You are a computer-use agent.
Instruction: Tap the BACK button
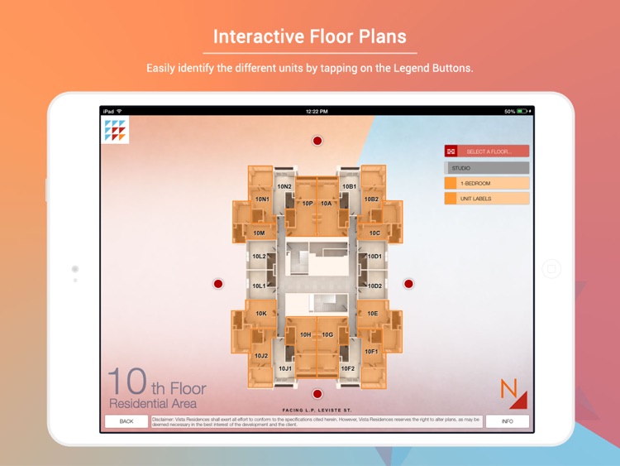click(x=126, y=421)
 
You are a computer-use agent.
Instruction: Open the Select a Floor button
click(x=487, y=151)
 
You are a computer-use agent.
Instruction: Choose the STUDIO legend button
click(x=487, y=168)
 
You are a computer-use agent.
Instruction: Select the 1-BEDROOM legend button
click(x=487, y=183)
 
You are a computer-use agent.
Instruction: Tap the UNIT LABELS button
click(x=487, y=199)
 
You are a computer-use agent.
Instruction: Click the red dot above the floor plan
click(x=317, y=141)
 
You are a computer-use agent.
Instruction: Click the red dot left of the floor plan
click(x=218, y=284)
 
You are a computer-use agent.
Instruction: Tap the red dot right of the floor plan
click(x=408, y=284)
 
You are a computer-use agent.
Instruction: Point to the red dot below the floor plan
click(x=317, y=394)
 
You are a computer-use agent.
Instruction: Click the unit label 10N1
click(x=262, y=199)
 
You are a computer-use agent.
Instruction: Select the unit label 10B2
click(x=371, y=199)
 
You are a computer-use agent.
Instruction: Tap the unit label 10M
click(x=259, y=233)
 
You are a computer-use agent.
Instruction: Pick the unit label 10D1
click(x=374, y=257)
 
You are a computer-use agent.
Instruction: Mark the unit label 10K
click(x=261, y=314)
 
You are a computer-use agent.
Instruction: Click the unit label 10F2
click(x=348, y=368)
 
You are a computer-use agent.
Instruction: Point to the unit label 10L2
click(x=259, y=257)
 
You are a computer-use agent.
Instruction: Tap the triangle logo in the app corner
click(x=115, y=130)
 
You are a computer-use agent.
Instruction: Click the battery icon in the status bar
click(x=522, y=111)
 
